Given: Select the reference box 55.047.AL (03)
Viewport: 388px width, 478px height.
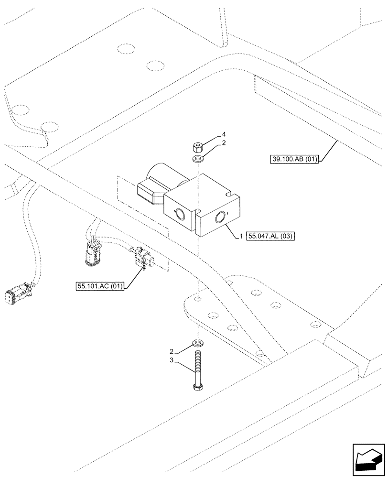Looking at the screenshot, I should coord(271,237).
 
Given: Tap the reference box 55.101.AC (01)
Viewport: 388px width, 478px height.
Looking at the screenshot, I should coord(100,286).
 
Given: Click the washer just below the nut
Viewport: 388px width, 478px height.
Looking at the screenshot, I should coord(197,158).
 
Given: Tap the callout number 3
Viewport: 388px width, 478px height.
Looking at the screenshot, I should coord(172,362).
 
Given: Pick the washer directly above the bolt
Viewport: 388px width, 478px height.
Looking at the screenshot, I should coord(197,343).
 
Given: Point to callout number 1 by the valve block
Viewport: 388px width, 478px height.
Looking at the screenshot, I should coord(242,237).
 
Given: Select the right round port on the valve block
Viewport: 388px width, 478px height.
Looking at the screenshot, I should coord(222,218).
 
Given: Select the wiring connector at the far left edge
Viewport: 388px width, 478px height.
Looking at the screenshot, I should coord(17,296).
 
